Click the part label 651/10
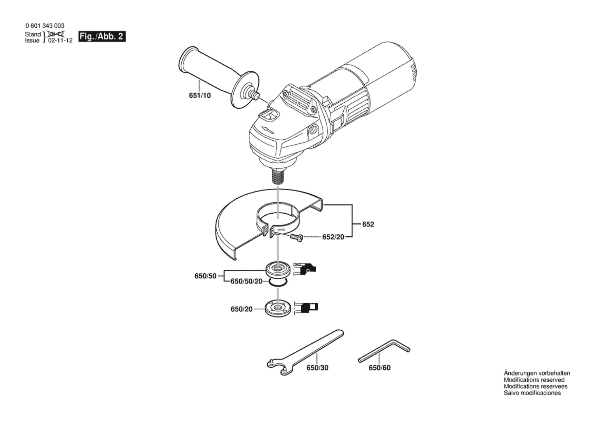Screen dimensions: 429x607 200,95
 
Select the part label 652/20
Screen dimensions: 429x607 333,237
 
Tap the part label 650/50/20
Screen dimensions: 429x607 246,281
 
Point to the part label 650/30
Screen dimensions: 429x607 317,368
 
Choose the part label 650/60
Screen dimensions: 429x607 379,368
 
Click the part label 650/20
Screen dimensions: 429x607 241,309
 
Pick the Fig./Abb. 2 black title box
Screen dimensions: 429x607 102,37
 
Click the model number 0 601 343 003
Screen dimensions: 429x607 45,26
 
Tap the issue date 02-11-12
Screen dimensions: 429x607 60,41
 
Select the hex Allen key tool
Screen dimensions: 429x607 384,351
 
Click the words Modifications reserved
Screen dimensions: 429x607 534,380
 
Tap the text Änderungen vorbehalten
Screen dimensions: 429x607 537,373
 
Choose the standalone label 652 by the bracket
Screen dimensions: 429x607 368,224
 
